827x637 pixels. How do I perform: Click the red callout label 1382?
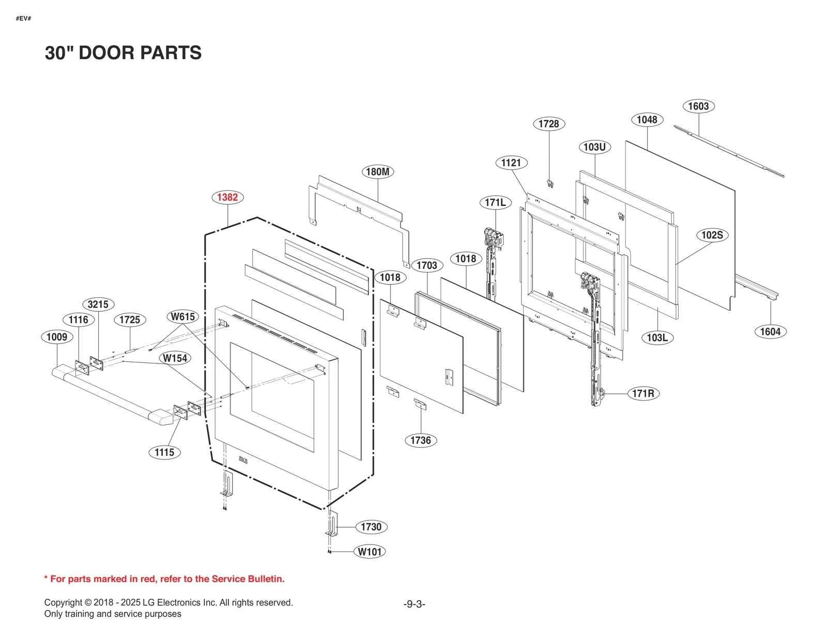227,197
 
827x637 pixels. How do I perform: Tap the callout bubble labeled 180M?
377,172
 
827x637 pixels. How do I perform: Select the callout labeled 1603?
698,106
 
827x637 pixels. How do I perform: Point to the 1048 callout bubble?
647,120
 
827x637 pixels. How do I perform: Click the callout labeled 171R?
643,393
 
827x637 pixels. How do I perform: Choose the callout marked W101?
370,552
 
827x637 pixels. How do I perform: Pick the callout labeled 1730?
371,527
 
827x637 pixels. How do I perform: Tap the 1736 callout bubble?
420,440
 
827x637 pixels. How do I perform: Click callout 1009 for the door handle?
57,337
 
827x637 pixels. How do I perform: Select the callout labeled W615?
182,316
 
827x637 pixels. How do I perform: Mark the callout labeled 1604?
770,332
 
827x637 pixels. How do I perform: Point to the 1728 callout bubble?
548,124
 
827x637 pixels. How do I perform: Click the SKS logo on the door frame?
243,460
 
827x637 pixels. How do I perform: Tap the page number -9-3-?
414,604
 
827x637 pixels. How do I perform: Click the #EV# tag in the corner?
23,19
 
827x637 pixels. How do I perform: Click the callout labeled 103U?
594,147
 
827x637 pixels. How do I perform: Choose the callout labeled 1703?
427,265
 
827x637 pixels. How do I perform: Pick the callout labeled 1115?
164,453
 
